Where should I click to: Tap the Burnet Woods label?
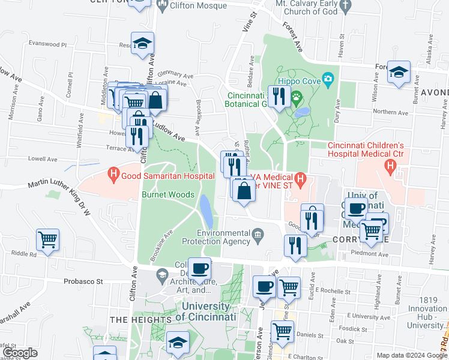(167, 194)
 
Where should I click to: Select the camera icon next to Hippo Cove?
(328, 79)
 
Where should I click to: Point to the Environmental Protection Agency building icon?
(258, 233)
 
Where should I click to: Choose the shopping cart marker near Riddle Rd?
(47, 239)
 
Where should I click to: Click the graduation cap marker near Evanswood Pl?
(143, 43)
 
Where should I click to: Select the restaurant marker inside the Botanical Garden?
(278, 96)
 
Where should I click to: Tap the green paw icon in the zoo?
(296, 95)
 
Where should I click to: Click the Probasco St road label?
(84, 281)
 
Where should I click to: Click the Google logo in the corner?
(19, 353)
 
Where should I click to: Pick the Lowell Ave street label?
(42, 159)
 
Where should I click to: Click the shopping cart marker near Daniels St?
(282, 329)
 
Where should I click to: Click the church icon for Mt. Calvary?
(344, 5)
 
